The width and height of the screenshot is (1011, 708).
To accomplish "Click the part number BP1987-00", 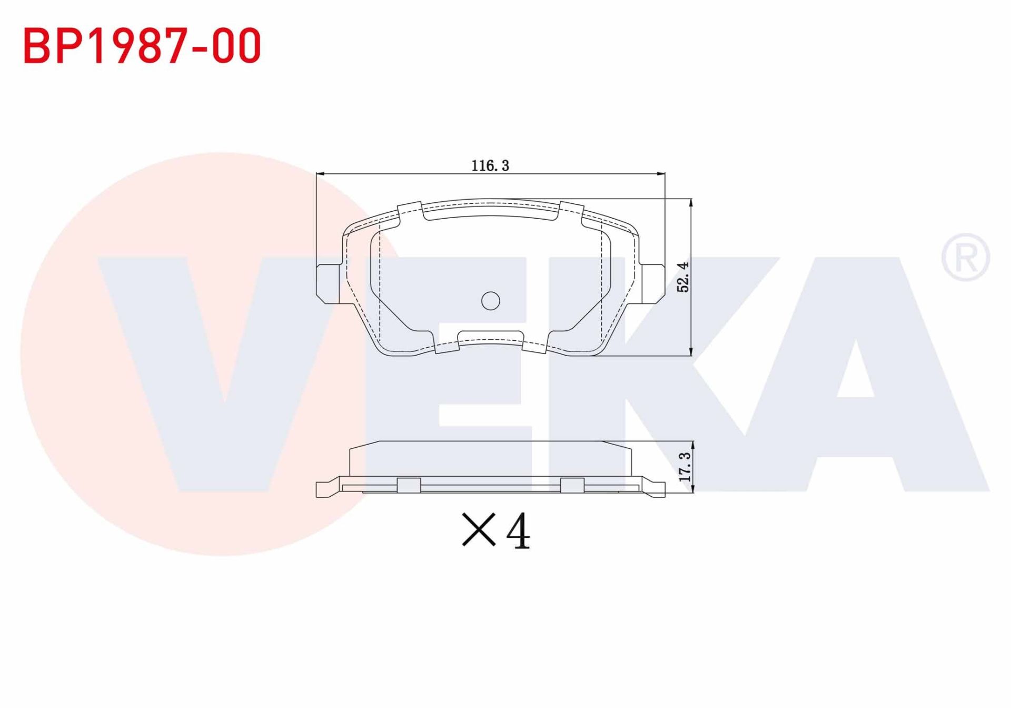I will coord(142,46).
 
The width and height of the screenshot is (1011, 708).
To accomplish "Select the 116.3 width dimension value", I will coord(490,166).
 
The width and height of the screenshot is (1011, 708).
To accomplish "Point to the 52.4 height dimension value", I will coord(683,277).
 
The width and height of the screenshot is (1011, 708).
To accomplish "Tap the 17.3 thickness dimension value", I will coord(685,467).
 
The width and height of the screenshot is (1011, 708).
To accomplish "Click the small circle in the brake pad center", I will coord(490,301).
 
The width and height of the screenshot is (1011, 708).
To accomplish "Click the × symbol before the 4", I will coord(479,529).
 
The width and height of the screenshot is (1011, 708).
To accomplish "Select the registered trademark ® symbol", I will coord(965,258).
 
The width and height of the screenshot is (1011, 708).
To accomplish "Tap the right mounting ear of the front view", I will coord(653,283).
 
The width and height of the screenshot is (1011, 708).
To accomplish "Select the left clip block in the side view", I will coord(409,485).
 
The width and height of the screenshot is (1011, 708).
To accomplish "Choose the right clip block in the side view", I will coord(572,485).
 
